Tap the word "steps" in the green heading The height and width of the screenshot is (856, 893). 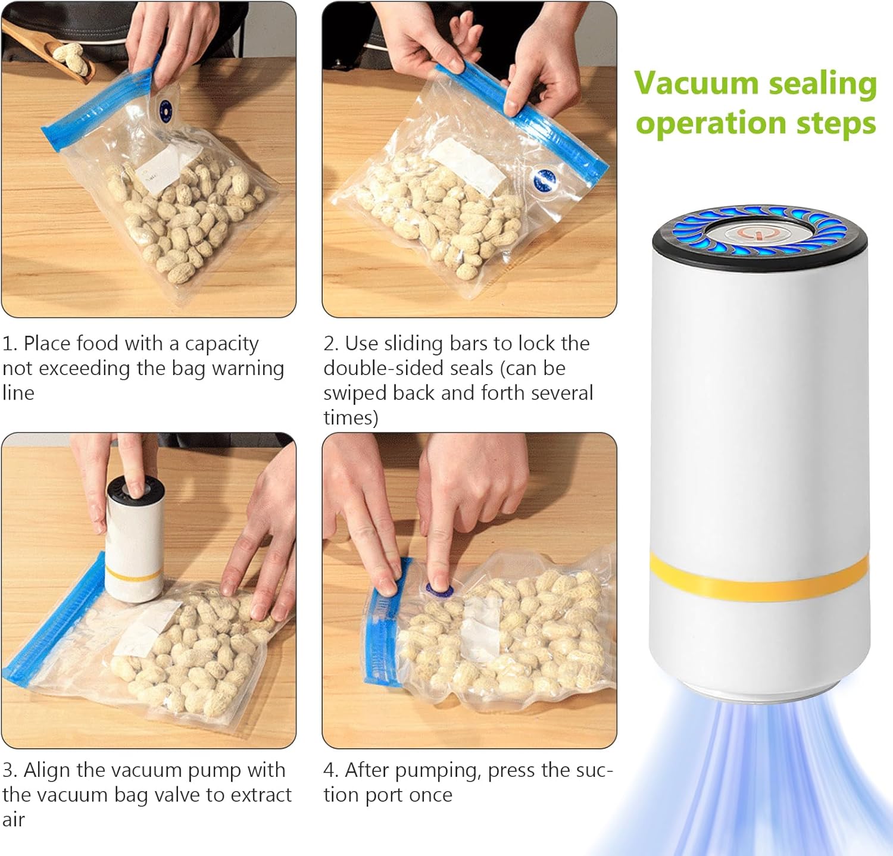coord(836,123)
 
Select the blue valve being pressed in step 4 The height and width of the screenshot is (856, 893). coord(439,590)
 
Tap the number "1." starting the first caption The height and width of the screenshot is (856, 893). coord(10,343)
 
